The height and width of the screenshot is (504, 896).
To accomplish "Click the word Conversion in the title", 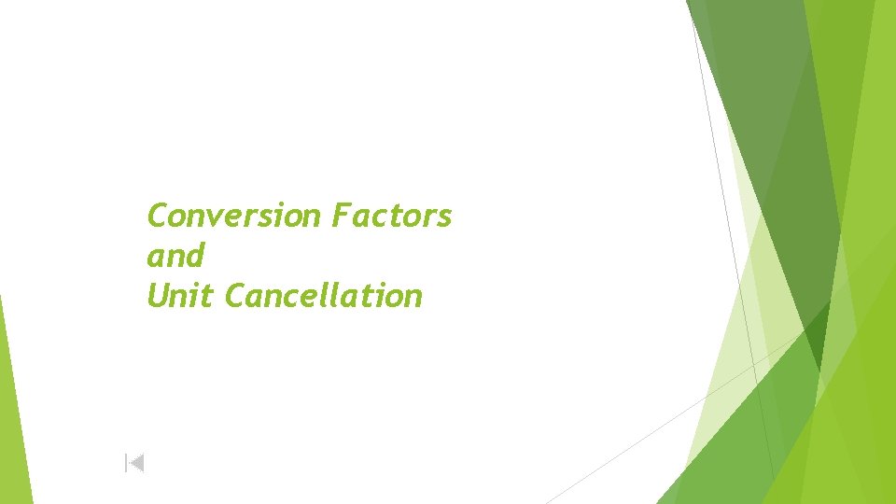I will [234, 216].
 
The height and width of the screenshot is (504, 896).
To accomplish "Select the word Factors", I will [391, 216].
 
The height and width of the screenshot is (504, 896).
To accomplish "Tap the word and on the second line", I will [175, 256].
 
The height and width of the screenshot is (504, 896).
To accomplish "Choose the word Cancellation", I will [324, 296].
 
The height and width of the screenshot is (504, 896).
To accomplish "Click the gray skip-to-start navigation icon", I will [134, 462].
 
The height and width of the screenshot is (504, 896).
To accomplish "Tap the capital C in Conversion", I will [157, 217].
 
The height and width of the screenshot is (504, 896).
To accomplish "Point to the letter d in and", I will [194, 255].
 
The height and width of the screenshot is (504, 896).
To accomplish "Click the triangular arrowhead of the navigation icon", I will [136, 462].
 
